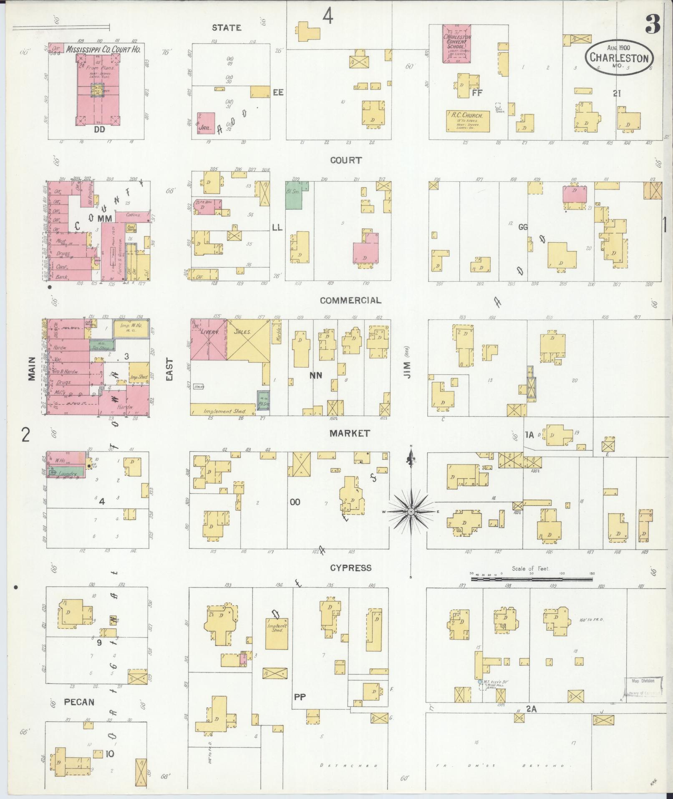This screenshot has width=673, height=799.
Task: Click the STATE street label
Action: coord(227,28)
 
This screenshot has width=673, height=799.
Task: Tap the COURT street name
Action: coord(345,160)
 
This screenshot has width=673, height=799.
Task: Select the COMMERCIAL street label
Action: coord(350,300)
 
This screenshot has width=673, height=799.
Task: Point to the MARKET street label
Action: coord(350,434)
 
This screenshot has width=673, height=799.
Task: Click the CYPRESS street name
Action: coord(350,568)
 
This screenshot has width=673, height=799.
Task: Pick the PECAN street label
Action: coord(79,702)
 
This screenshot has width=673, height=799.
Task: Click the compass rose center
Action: coord(411,512)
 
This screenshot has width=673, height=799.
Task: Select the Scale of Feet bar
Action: coord(532,579)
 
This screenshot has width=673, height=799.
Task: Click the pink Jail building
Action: coord(206,123)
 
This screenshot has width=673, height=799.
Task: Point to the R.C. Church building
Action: coord(467,121)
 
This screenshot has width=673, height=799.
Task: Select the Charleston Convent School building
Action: coord(456,43)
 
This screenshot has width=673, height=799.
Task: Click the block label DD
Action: coord(99,129)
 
